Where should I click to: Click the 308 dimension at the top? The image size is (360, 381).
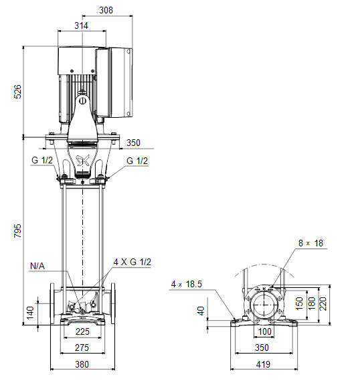tap(106, 10)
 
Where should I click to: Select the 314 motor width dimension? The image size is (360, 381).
tap(82, 25)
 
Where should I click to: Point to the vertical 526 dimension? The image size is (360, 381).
tap(17, 92)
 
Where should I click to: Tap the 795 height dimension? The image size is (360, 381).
tap(17, 231)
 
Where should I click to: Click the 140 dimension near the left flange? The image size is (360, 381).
tap(30, 313)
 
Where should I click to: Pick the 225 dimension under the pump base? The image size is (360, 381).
tap(82, 331)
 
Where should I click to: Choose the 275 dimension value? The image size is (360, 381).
tap(82, 348)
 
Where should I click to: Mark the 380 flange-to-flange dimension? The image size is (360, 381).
tap(82, 364)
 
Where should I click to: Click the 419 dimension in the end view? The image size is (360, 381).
tap(263, 364)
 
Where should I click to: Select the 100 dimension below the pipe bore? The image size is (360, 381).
tap(264, 331)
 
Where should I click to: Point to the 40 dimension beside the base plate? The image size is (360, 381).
tap(201, 311)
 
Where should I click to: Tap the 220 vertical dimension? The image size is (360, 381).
tap(323, 304)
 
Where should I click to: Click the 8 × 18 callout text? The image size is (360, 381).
tap(310, 243)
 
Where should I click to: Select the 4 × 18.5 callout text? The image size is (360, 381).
tap(187, 284)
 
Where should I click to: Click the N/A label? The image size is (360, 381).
tap(37, 266)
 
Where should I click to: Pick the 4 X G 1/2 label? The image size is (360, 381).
tap(132, 262)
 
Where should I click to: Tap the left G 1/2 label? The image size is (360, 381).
tap(42, 161)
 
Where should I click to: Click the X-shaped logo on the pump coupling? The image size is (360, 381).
tap(83, 161)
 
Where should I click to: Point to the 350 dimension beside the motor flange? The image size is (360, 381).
tap(133, 143)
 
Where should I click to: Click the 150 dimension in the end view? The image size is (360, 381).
tap(300, 303)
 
